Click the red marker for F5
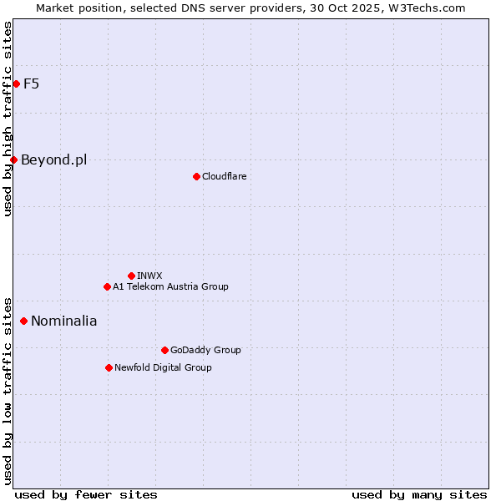(16, 83)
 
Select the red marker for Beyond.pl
(13, 159)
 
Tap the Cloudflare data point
(196, 176)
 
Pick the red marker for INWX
(131, 276)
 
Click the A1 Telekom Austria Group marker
(107, 286)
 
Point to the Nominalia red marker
(23, 321)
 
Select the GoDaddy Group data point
(164, 350)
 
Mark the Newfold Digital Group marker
(109, 367)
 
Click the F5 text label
(32, 83)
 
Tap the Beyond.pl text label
(54, 159)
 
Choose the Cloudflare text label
(224, 176)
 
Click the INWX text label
(149, 276)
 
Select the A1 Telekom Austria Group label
(170, 286)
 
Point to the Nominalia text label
(64, 321)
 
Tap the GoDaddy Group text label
(205, 350)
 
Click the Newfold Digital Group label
(163, 367)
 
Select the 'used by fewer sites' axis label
(86, 494)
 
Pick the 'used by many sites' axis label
(419, 494)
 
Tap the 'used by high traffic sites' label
(8, 119)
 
